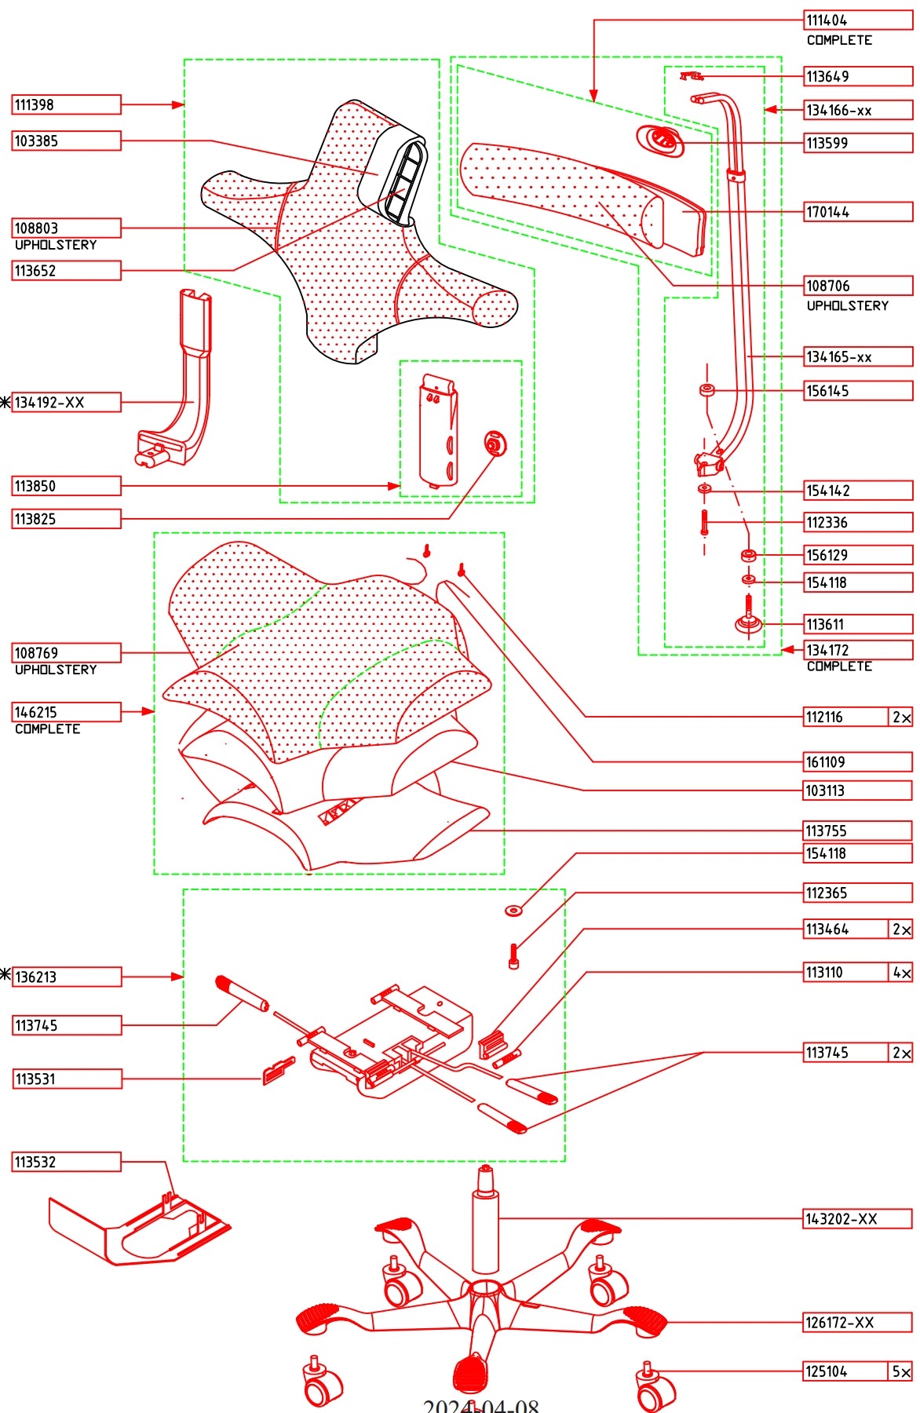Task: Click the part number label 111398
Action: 67,104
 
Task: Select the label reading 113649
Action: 858,76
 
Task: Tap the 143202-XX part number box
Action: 858,1219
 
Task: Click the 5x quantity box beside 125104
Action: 901,1371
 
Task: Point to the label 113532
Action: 67,1162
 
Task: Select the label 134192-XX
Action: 67,403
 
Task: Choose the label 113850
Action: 67,486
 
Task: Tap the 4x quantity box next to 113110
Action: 901,973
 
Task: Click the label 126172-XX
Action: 858,1323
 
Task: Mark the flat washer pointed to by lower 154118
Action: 513,911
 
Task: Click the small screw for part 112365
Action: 513,956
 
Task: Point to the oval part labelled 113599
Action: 660,141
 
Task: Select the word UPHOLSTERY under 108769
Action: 56,670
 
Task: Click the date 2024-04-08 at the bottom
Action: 481,1405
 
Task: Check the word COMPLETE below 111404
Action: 839,40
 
